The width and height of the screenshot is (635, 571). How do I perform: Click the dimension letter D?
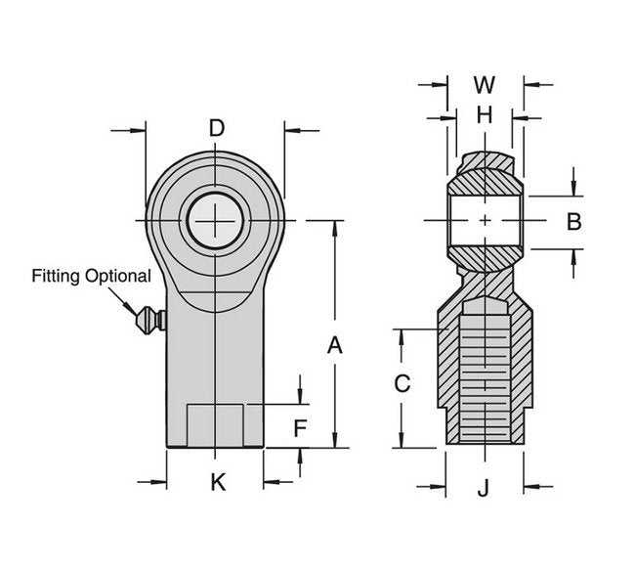(x=217, y=128)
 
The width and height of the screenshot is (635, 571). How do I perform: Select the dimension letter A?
(x=334, y=344)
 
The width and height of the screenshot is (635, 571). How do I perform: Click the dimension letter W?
(x=484, y=84)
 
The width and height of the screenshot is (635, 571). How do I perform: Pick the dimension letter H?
(x=484, y=115)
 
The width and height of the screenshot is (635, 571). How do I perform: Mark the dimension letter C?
(x=401, y=384)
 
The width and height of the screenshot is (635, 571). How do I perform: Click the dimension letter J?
(x=484, y=486)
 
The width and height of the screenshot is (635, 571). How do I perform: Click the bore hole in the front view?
(x=212, y=222)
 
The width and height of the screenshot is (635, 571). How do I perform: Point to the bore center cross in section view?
(x=485, y=222)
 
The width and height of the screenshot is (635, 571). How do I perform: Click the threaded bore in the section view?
(x=485, y=376)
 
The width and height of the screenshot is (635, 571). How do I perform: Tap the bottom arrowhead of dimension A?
(x=334, y=441)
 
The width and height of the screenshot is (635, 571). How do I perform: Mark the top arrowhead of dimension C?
(x=401, y=335)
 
